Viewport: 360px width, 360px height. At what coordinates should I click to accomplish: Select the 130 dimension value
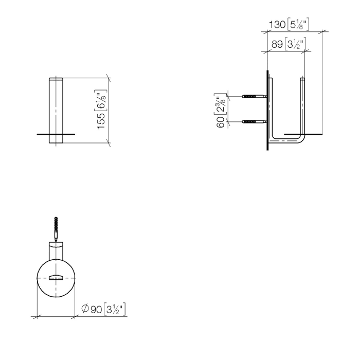[278, 24]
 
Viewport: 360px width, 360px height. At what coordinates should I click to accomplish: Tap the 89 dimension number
[277, 45]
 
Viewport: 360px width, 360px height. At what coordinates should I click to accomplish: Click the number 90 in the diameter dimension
[96, 309]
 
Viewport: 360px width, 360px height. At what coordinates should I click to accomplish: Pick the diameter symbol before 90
[85, 309]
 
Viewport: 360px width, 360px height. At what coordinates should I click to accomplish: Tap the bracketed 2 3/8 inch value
[221, 105]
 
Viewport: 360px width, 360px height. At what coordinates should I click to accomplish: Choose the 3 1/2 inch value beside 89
[296, 45]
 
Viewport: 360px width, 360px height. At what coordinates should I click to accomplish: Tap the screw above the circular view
[56, 226]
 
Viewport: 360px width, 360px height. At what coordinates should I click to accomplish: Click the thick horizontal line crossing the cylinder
[56, 134]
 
